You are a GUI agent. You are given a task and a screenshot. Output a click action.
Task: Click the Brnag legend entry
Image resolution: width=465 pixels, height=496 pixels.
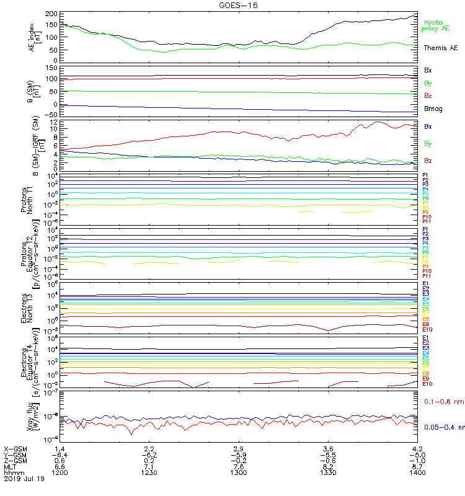[433, 108]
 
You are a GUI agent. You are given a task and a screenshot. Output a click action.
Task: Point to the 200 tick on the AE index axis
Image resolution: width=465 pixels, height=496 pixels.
[52, 14]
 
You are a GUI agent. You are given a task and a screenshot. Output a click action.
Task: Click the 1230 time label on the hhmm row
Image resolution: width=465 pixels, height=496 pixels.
[149, 472]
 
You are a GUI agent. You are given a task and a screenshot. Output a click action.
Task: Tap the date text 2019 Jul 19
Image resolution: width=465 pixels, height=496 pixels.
[25, 479]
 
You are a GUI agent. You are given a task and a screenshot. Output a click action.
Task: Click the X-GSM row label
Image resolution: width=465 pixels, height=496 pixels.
[15, 448]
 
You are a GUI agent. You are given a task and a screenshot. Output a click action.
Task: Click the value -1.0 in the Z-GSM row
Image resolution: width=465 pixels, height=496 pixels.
[416, 460]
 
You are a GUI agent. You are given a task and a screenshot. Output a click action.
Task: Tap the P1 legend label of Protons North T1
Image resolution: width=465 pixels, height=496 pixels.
[426, 175]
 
